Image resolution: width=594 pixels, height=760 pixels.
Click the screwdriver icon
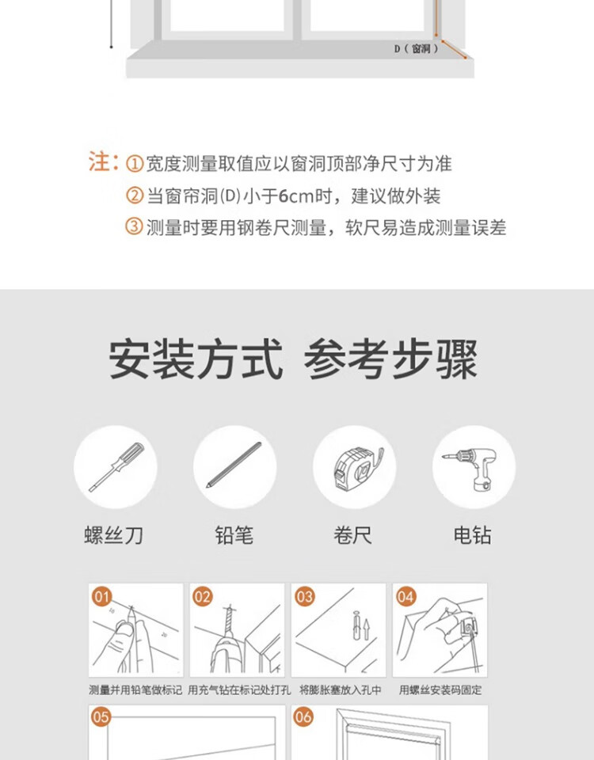point(116,467)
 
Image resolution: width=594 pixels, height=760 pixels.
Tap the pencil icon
point(234,465)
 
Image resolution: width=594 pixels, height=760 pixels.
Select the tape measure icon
point(358,467)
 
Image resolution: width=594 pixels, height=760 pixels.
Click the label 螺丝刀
point(113,536)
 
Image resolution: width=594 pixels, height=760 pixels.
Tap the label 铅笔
point(234,536)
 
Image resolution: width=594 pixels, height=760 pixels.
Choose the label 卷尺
point(353,536)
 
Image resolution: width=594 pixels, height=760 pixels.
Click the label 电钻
point(472,536)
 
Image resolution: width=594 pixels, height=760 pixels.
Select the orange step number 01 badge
point(102,597)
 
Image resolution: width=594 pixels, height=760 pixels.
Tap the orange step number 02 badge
point(203,597)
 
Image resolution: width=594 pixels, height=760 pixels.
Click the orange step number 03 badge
point(304,597)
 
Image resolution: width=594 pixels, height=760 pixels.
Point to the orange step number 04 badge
point(406,597)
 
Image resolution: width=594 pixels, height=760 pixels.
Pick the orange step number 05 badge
point(101,717)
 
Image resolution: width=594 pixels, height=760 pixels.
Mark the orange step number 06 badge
point(303,717)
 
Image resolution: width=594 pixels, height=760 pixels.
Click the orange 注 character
point(99,161)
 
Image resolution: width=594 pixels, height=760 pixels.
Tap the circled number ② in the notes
point(135,196)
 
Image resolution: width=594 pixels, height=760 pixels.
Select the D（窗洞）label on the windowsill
point(417,48)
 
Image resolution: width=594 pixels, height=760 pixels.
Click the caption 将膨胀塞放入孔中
point(340,690)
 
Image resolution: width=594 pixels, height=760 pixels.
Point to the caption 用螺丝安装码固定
point(440,690)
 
